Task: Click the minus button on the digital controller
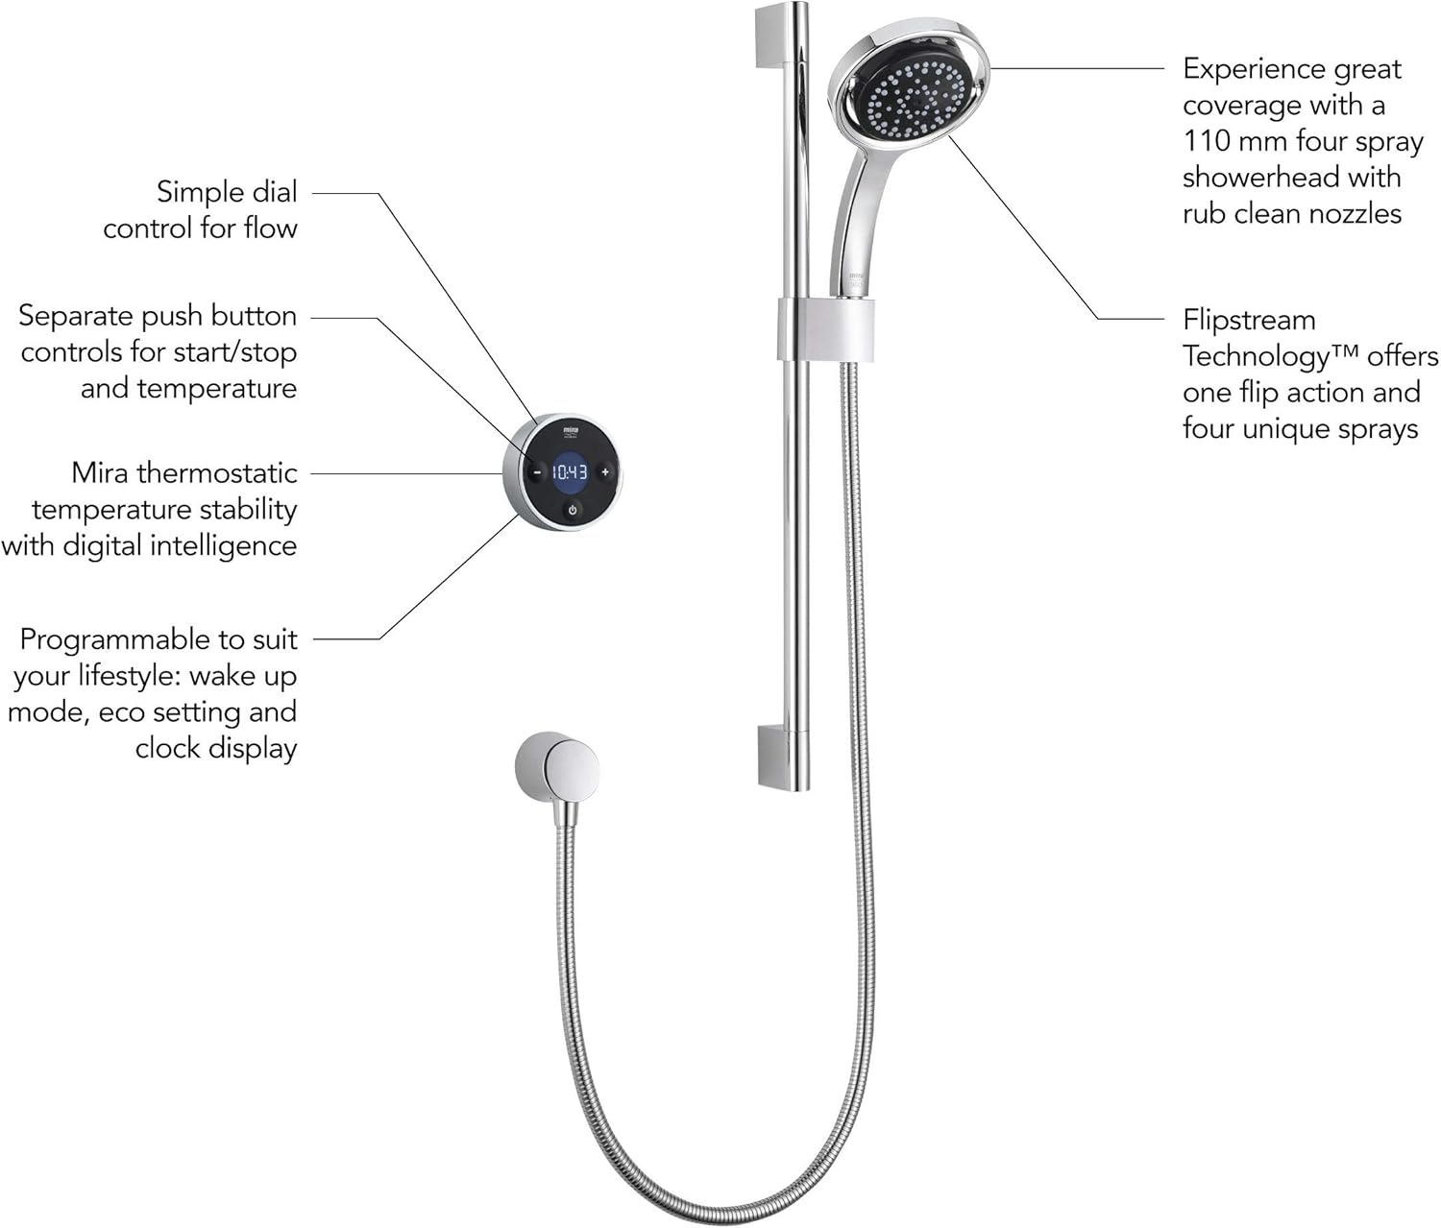click(537, 472)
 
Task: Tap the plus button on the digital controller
click(604, 472)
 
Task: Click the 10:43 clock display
click(570, 472)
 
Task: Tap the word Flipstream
click(1249, 320)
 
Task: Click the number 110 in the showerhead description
click(1207, 141)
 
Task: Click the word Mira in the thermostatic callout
click(100, 472)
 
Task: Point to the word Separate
click(76, 316)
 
